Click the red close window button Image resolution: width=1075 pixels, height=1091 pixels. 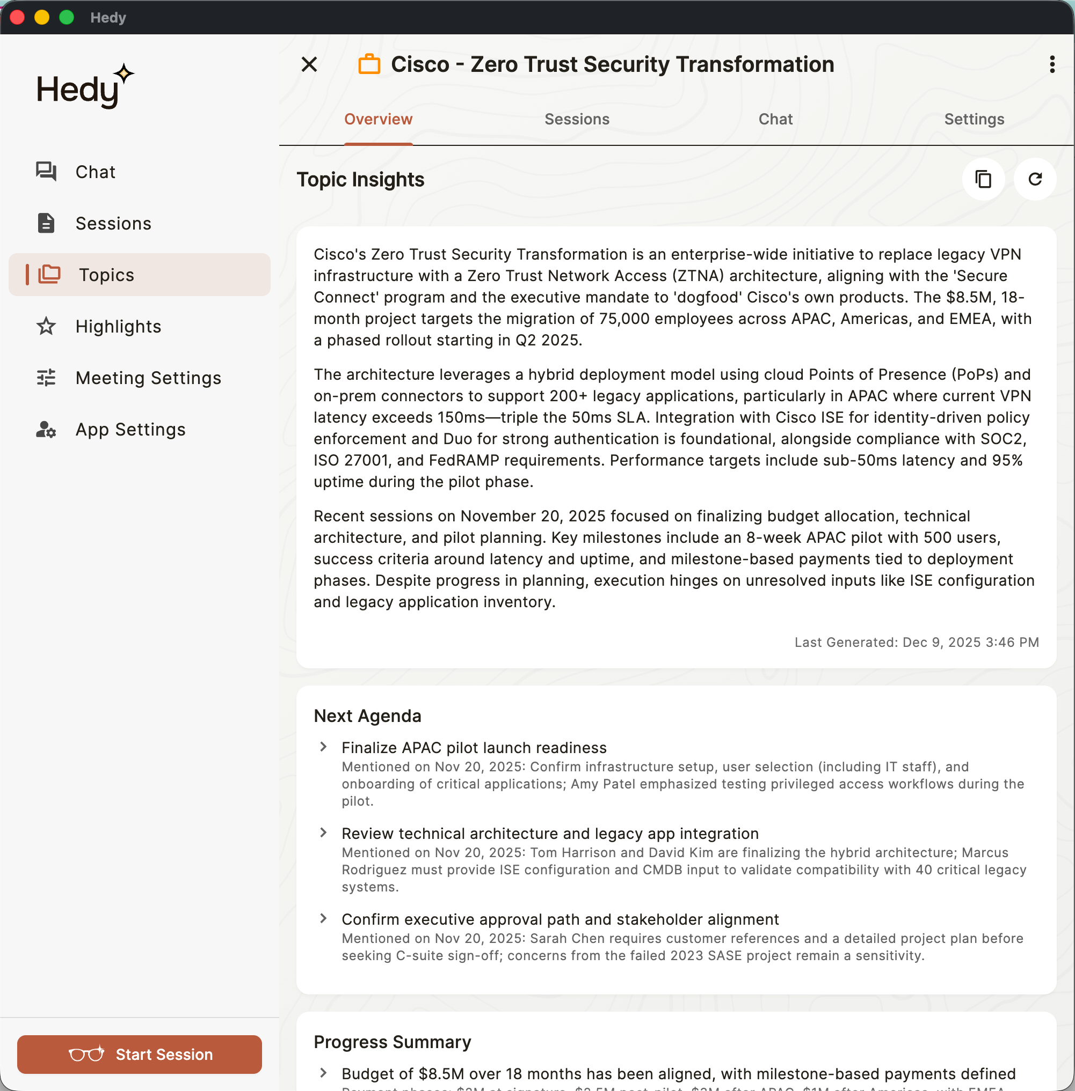click(18, 17)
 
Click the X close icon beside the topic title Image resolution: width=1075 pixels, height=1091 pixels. click(309, 64)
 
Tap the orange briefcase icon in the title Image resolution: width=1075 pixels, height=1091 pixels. click(369, 64)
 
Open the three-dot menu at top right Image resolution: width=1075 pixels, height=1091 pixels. click(1052, 64)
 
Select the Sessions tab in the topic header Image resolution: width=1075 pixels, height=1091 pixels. click(577, 119)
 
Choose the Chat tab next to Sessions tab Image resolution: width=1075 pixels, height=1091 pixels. click(775, 119)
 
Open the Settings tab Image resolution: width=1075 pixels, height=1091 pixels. click(974, 119)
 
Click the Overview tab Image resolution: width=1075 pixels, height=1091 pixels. click(378, 119)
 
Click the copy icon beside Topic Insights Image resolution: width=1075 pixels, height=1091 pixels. click(983, 179)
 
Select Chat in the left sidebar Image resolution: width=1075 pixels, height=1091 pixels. click(95, 172)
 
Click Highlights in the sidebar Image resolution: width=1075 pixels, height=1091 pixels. click(118, 326)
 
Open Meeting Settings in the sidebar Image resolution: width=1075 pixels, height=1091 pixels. click(148, 378)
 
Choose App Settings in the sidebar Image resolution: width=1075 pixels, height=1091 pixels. click(130, 429)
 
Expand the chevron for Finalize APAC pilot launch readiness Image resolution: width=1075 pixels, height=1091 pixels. click(323, 747)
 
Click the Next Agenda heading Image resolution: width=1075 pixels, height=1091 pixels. click(368, 716)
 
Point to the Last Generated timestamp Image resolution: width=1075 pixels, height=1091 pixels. click(917, 642)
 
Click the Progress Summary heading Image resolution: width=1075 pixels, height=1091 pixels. click(393, 1042)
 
